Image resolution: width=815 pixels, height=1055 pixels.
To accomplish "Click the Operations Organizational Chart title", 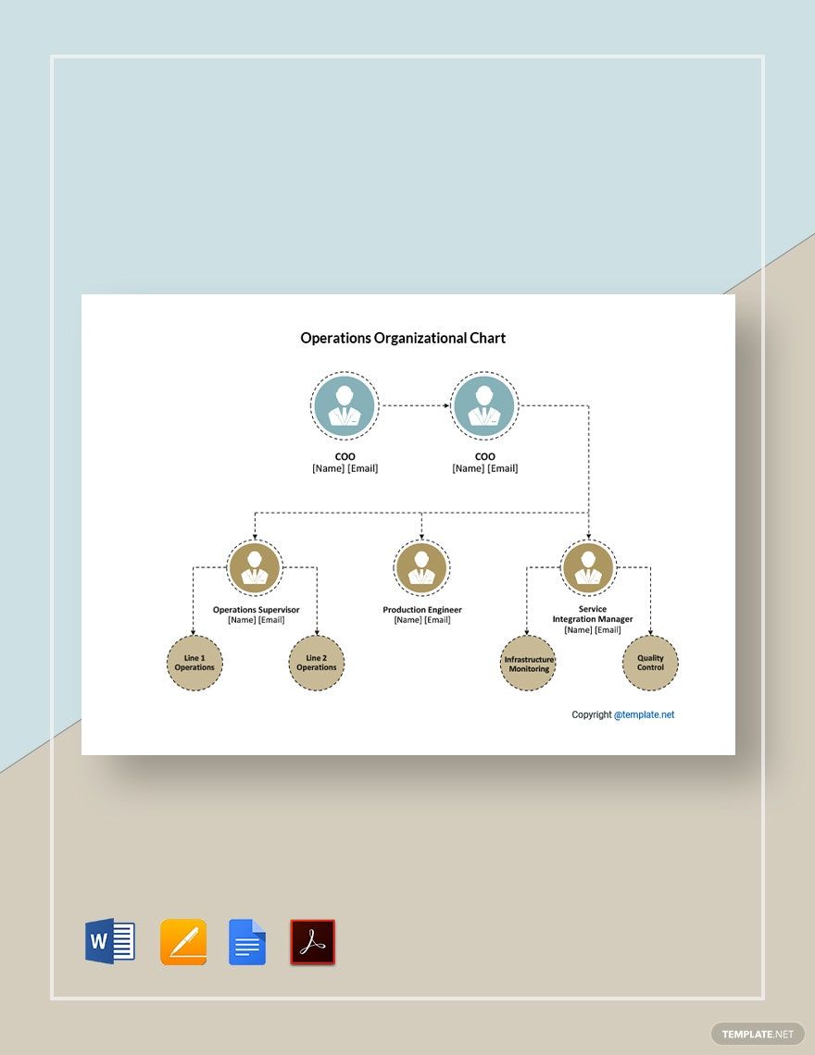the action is (403, 338).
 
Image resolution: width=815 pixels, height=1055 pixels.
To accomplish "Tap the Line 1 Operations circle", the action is (194, 663).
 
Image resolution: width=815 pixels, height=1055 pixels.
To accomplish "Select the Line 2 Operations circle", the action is (317, 663).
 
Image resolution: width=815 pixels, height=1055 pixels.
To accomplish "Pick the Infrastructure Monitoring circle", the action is (528, 663).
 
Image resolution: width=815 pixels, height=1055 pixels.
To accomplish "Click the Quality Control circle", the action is (650, 663).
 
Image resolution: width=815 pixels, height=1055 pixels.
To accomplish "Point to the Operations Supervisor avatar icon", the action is (255, 567).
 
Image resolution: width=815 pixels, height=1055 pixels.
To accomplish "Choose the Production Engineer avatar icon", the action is (421, 567).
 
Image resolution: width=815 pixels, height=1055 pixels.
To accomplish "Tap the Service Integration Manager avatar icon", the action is (588, 567).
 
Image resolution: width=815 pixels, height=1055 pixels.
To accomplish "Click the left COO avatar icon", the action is (345, 405).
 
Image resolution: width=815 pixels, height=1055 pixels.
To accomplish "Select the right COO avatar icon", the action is (483, 405).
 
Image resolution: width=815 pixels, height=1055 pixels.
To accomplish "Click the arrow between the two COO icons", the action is (414, 405).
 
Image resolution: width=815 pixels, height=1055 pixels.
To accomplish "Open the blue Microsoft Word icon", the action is (110, 942).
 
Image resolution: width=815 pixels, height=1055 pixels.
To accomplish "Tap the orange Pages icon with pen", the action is (183, 942).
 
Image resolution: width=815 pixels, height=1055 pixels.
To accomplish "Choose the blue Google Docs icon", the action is (247, 942).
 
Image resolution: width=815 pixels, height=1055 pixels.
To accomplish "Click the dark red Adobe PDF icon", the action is (313, 942).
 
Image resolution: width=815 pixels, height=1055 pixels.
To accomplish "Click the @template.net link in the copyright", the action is (645, 714).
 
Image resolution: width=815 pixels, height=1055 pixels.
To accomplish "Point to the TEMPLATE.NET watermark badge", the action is (758, 1034).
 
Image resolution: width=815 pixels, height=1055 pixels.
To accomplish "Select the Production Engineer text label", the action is (422, 610).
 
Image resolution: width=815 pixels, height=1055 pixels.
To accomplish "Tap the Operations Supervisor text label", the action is (256, 610).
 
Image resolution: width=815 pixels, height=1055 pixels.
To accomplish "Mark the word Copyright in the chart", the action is (592, 714).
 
